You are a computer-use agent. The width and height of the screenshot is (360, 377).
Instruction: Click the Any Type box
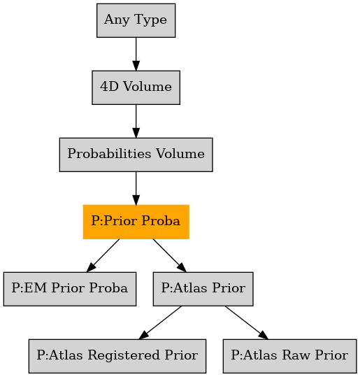pyautogui.click(x=136, y=20)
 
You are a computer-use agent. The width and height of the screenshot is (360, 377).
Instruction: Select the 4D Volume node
pyautogui.click(x=136, y=87)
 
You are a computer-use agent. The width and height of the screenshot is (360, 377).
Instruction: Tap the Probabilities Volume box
pyautogui.click(x=136, y=155)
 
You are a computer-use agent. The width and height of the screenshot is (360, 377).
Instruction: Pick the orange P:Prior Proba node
pyautogui.click(x=136, y=222)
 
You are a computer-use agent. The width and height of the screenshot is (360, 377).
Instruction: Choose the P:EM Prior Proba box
pyautogui.click(x=70, y=289)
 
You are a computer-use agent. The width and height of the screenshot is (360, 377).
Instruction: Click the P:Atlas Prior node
pyautogui.click(x=203, y=289)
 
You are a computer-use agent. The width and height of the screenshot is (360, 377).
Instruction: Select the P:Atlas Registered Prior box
pyautogui.click(x=117, y=356)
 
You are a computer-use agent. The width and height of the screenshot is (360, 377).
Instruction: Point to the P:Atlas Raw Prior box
pyautogui.click(x=290, y=356)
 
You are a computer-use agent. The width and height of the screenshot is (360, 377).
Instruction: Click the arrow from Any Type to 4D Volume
pyautogui.click(x=136, y=54)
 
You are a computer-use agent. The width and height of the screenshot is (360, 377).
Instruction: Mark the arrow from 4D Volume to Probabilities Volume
pyautogui.click(x=136, y=121)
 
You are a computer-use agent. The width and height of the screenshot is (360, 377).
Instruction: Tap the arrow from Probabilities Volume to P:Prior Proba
pyautogui.click(x=136, y=188)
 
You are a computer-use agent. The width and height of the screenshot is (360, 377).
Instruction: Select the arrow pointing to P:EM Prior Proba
pyautogui.click(x=103, y=255)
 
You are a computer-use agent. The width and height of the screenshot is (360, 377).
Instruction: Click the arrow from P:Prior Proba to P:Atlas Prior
pyautogui.click(x=170, y=255)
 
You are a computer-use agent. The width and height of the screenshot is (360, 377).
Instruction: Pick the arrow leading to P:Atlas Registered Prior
pyautogui.click(x=160, y=322)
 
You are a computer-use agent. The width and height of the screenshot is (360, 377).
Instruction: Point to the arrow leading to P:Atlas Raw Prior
pyautogui.click(x=247, y=322)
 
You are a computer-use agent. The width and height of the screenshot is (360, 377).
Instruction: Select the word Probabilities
pyautogui.click(x=109, y=153)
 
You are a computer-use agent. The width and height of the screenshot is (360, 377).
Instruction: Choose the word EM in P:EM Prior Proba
pyautogui.click(x=36, y=287)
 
